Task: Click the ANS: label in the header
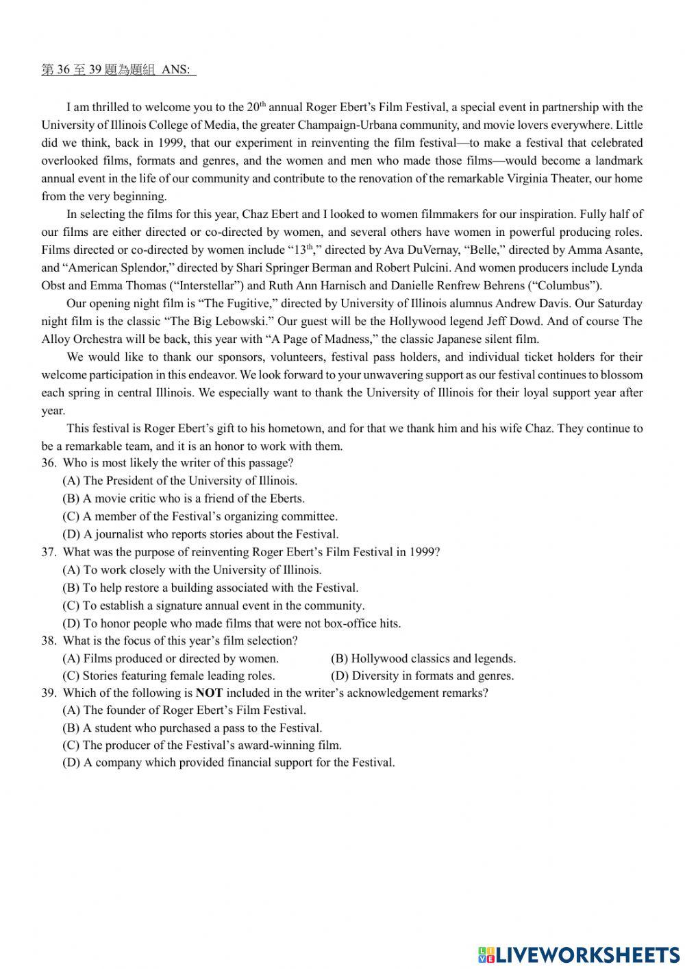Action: (x=177, y=70)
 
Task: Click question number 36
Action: (x=49, y=463)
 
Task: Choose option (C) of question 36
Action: (x=200, y=516)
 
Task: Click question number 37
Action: (x=49, y=552)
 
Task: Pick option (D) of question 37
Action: (x=232, y=623)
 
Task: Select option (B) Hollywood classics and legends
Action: (x=423, y=658)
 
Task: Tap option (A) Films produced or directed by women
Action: (x=171, y=658)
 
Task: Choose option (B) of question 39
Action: (x=192, y=728)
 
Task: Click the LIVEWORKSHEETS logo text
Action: (x=587, y=954)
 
